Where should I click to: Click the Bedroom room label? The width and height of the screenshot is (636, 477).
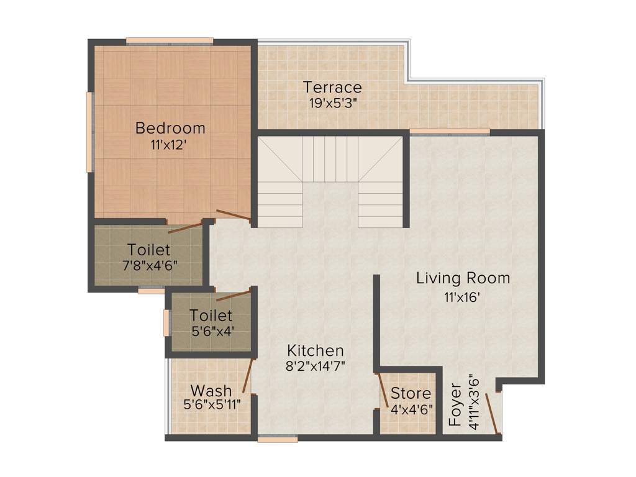coord(170,129)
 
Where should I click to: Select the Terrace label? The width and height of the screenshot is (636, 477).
coord(332,87)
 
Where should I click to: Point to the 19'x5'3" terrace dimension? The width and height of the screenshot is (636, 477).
coord(333,102)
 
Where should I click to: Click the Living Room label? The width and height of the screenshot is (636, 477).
coord(463,278)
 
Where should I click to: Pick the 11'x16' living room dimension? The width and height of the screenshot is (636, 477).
coord(463,297)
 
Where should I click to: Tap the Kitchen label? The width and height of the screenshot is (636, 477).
coord(315,350)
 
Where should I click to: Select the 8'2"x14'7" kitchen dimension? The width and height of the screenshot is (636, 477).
coord(315,366)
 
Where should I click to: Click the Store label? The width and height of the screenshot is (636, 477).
coord(411,393)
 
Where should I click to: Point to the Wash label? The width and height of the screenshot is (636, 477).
coord(211,391)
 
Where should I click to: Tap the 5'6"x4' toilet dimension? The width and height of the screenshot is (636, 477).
coord(211,331)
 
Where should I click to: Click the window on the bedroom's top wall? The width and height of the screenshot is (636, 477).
coord(170,42)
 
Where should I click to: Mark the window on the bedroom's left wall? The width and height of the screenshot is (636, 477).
coord(90,132)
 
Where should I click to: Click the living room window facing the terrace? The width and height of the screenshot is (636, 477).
coord(450,132)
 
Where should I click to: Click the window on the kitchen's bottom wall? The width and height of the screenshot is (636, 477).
coord(278,438)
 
